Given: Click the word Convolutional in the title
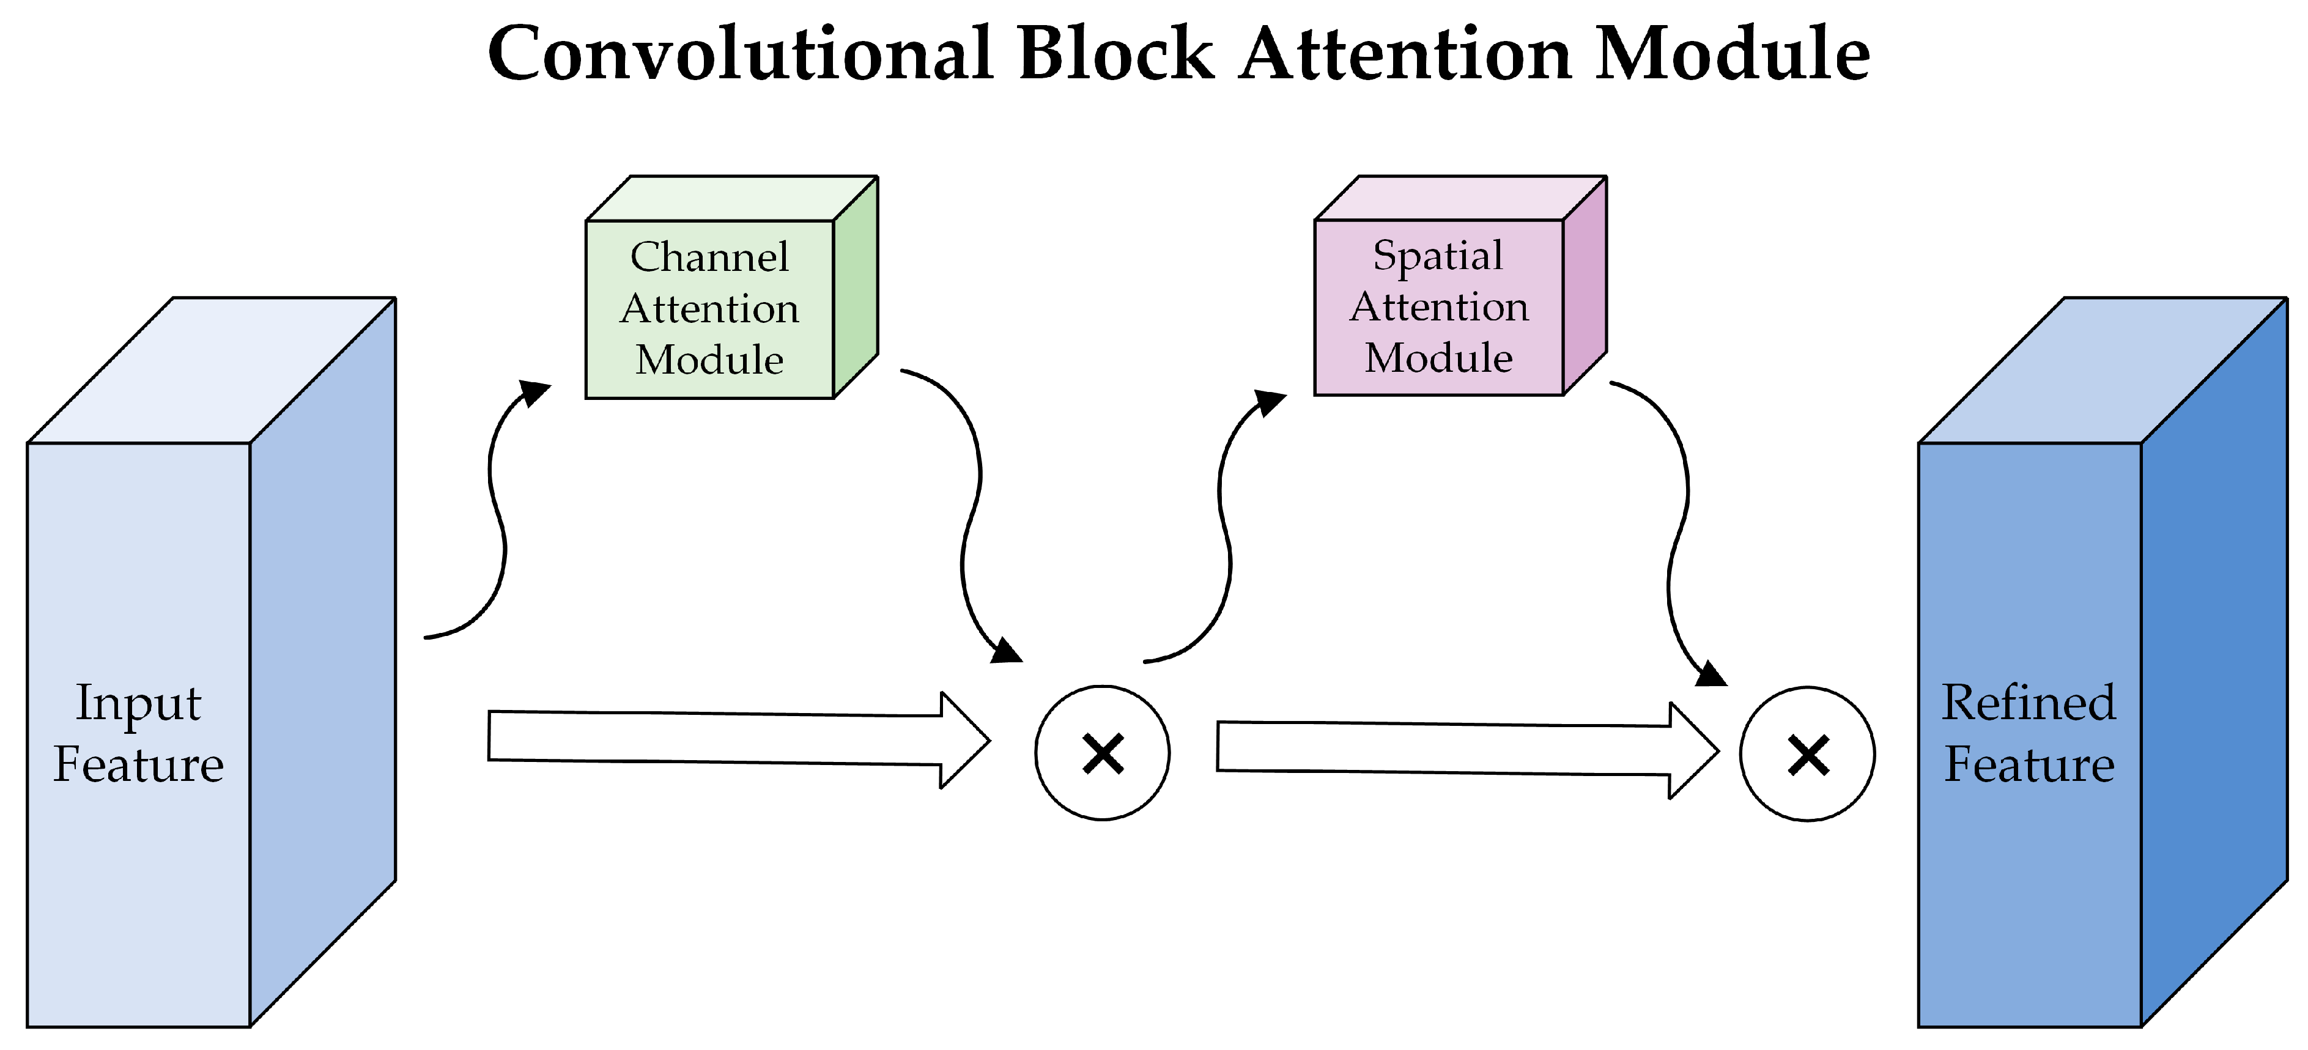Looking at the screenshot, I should (739, 54).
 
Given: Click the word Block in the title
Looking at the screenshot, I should (1115, 54).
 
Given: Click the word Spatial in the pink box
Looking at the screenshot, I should (1437, 256).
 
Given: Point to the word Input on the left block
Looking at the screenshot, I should (138, 703).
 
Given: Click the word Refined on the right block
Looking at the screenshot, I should (2029, 703).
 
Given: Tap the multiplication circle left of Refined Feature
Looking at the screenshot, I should (1807, 755).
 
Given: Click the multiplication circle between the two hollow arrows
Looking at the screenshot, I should (1102, 753).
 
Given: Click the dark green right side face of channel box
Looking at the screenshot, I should (855, 287).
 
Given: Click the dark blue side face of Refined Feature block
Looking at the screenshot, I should (2213, 663).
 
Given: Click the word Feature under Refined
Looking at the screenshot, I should (2029, 765).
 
